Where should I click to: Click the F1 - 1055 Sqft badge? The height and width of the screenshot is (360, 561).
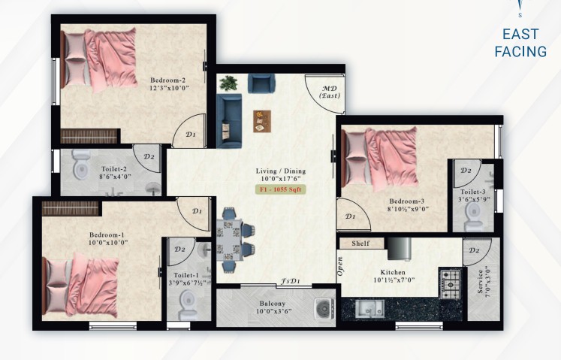281,189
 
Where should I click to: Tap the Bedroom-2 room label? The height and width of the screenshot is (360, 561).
167,80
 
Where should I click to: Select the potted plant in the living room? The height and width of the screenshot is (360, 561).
228,83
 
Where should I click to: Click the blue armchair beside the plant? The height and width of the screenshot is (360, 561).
261,83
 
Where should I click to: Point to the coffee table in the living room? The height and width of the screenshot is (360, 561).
262,121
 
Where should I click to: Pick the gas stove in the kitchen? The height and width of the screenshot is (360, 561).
451,283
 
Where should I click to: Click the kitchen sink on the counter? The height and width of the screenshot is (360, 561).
370,309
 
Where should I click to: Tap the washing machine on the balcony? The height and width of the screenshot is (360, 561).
324,309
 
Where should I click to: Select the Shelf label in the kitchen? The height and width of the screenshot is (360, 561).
360,244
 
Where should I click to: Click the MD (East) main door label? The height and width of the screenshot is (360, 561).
329,92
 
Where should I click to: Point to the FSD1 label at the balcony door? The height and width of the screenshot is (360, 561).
290,281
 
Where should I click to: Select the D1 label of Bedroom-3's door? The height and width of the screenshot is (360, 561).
350,216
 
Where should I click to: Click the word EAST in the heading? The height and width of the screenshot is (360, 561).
520,35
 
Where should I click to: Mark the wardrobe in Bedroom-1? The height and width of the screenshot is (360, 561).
70,208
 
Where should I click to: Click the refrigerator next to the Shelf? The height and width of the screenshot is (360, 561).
400,249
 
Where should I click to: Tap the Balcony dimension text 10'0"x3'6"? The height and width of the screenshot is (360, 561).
273,311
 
